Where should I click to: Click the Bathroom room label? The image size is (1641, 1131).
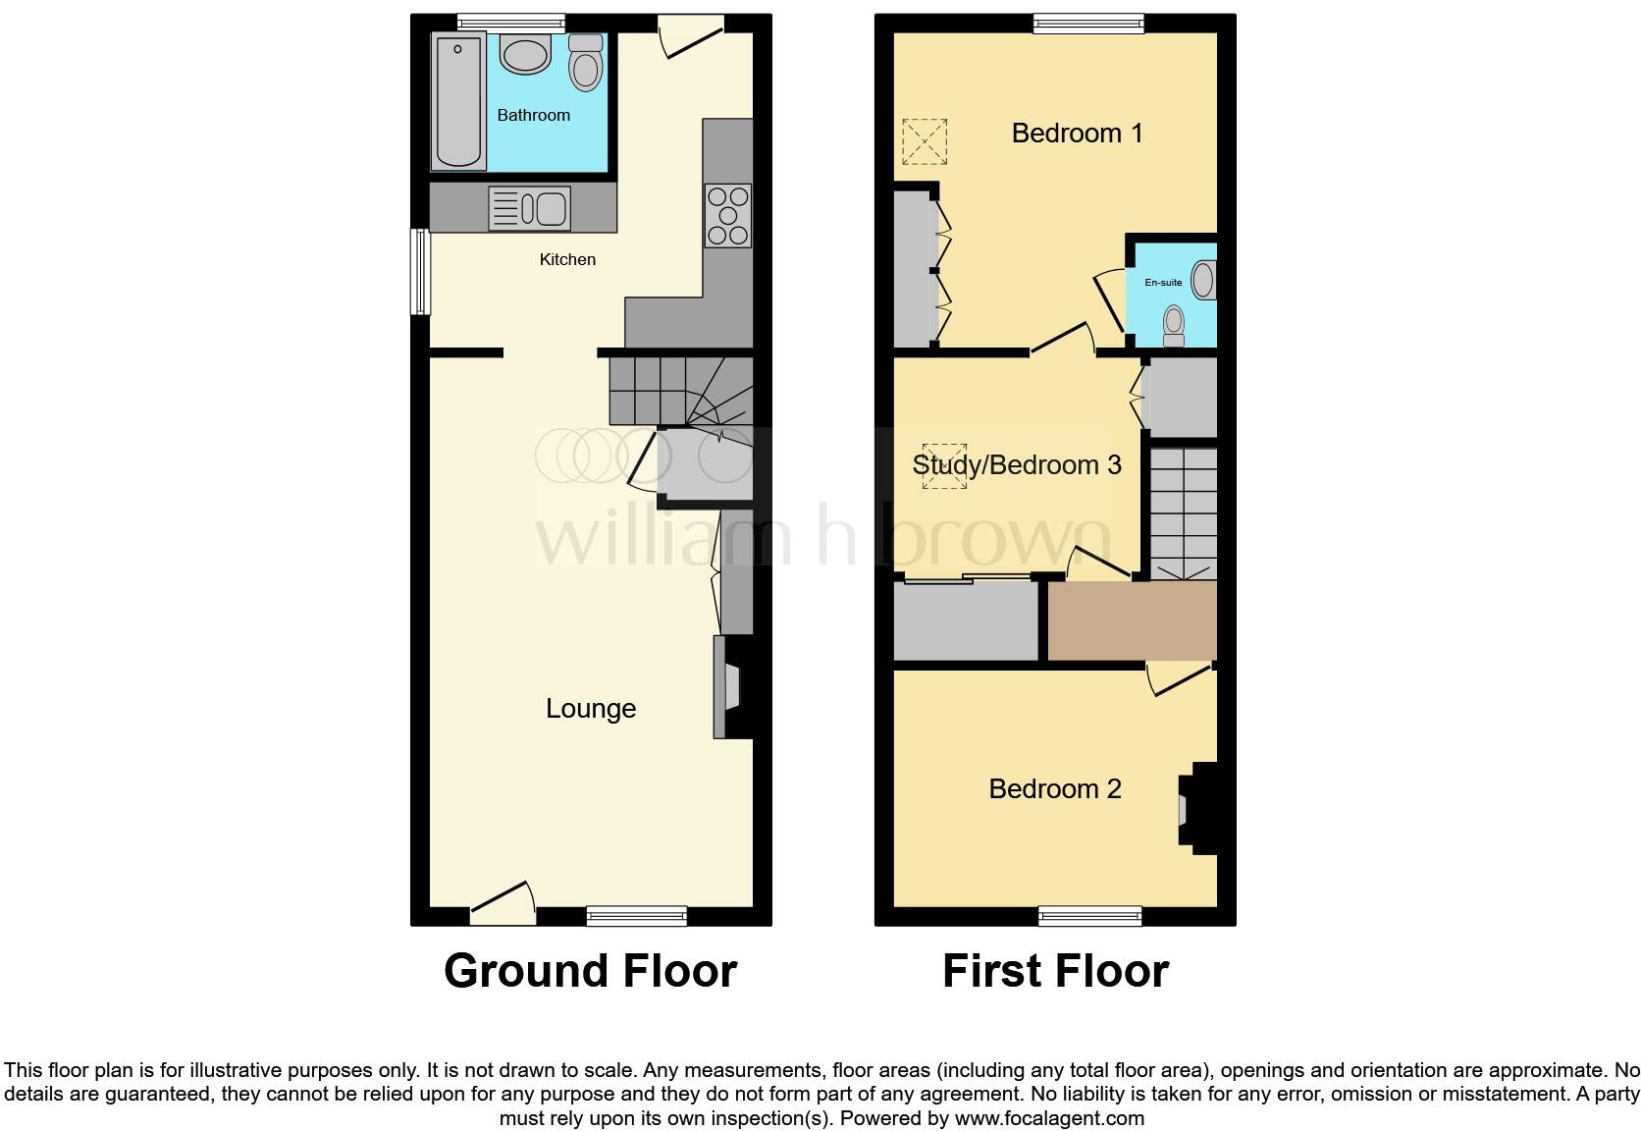(533, 115)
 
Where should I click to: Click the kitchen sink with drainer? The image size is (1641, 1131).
(529, 208)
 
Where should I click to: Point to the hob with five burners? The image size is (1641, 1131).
(727, 215)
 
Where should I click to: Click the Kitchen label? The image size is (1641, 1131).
(567, 259)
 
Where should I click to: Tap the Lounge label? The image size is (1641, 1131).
(591, 708)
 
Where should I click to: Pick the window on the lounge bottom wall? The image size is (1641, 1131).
(636, 916)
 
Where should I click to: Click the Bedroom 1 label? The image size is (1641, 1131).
(1077, 133)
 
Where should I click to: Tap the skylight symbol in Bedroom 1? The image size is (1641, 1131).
(924, 141)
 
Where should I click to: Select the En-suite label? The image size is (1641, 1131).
(1163, 283)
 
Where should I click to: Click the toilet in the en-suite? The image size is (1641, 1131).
(1173, 325)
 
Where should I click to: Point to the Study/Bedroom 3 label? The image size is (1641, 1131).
(1016, 464)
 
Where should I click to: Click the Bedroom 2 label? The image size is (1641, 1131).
(1054, 788)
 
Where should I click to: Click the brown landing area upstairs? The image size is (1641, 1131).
(1132, 619)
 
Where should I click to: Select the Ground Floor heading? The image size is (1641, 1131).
(590, 971)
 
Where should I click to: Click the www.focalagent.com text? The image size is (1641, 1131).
(1049, 1117)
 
